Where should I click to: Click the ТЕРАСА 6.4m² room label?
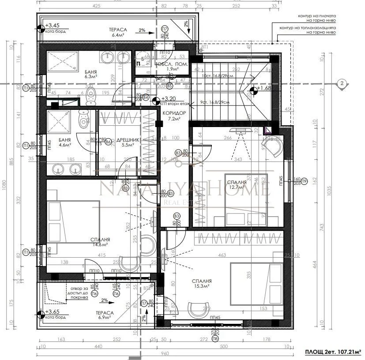pos(118,32)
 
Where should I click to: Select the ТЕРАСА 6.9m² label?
pos(106,315)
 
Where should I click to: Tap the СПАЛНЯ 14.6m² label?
pos(101,242)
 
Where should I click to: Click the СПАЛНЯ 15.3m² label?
pos(202,283)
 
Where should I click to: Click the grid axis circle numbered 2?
pos(341,83)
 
